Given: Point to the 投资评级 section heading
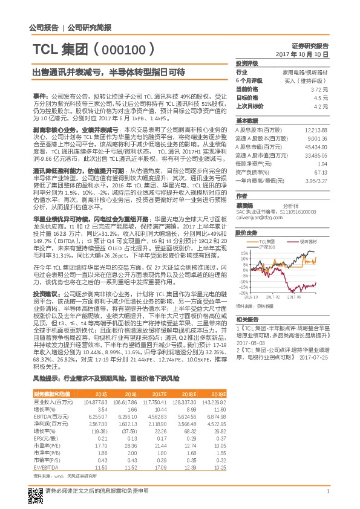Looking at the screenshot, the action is click(x=247, y=63).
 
